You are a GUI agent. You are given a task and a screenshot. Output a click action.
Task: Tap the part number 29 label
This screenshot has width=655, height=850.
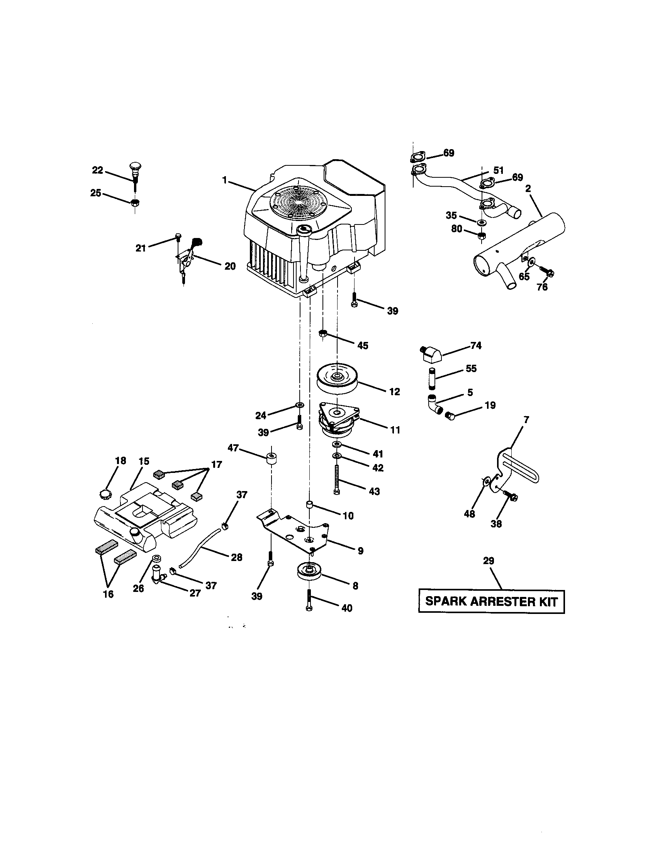(489, 561)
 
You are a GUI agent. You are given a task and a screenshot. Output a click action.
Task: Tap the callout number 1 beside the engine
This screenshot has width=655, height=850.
(224, 180)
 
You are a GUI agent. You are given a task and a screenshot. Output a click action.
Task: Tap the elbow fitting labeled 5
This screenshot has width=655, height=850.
(434, 405)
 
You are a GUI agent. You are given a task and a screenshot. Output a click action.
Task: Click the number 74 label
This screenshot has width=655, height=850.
(476, 346)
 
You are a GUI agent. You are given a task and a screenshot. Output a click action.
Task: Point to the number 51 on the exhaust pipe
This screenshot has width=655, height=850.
(498, 170)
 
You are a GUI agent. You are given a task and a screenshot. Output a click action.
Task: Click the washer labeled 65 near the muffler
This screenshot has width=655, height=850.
(531, 261)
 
